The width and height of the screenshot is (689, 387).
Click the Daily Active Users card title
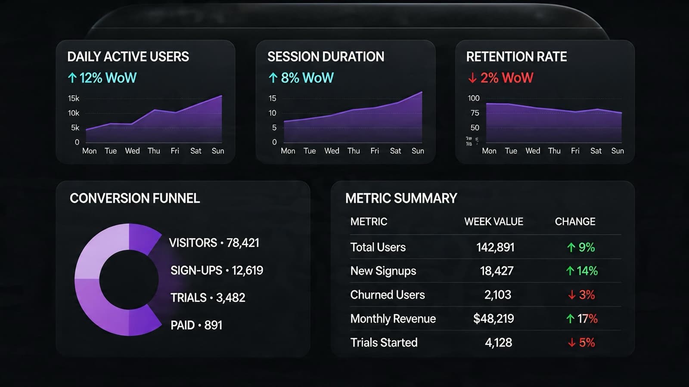tap(128, 57)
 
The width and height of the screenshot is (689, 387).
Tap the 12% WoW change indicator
tap(102, 78)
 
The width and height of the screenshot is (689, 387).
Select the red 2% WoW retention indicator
tap(501, 78)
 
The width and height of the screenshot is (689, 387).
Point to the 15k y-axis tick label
tap(74, 99)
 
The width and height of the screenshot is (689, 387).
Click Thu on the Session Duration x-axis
tap(354, 151)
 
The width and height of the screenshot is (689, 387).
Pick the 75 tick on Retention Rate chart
tap(475, 113)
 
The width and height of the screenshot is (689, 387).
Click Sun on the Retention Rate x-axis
tap(618, 151)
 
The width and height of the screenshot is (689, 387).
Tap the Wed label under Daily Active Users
tap(132, 151)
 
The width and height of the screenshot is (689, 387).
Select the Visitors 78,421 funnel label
tap(214, 243)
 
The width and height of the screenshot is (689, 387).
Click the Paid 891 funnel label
tap(196, 325)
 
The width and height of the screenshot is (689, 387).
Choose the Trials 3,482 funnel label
tap(208, 298)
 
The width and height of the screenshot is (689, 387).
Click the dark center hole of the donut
tap(129, 280)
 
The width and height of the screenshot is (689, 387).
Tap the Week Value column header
tap(493, 222)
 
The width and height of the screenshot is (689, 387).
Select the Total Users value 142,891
tap(495, 248)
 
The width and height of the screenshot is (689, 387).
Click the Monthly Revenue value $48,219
tap(493, 319)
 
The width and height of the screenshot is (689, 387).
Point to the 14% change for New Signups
tap(582, 271)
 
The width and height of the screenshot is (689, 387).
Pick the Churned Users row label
tap(387, 295)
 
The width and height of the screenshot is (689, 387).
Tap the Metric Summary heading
tap(401, 198)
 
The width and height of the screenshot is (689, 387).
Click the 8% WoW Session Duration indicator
tap(301, 78)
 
